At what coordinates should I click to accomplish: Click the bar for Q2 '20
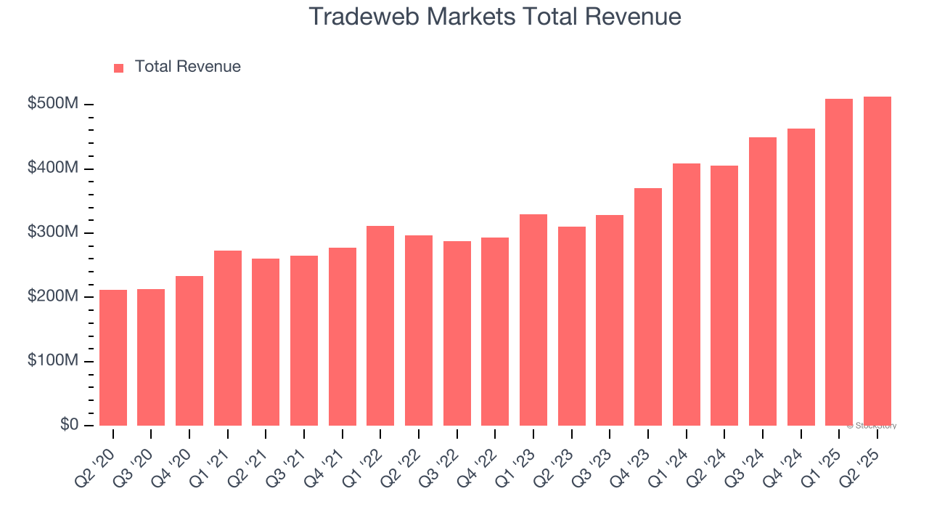113,357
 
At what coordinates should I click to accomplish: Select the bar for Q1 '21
228,338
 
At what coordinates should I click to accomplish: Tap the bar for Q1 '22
380,325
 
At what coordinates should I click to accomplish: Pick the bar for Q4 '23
648,307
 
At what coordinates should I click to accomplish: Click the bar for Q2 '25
877,261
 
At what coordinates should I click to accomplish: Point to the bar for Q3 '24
763,281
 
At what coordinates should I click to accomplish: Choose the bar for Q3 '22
457,333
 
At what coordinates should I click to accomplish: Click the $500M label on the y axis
52,104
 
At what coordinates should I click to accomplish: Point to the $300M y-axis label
52,232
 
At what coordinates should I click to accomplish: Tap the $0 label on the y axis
70,425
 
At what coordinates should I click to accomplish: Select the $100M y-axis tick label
52,361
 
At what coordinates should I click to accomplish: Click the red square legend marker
119,68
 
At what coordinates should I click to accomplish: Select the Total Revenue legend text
188,67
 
